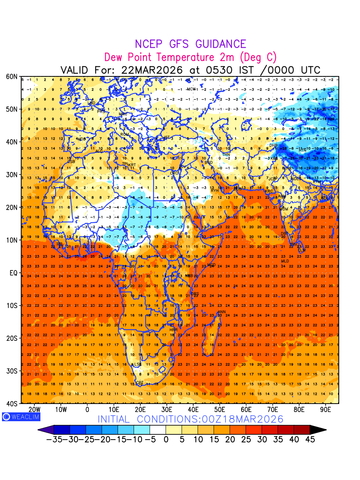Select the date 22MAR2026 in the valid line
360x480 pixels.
point(152,70)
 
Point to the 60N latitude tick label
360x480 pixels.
point(12,76)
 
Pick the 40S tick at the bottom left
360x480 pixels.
point(12,404)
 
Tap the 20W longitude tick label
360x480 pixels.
point(34,410)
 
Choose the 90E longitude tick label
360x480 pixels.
point(326,410)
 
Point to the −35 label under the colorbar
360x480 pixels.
point(54,439)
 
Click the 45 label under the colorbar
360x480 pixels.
point(310,439)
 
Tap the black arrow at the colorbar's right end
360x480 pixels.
point(318,430)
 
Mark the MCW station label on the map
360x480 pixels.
point(191,89)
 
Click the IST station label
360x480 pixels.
point(167,138)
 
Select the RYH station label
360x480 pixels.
point(215,191)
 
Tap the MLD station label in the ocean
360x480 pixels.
point(285,261)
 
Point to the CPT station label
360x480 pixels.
point(140,383)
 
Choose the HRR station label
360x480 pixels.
point(173,330)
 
